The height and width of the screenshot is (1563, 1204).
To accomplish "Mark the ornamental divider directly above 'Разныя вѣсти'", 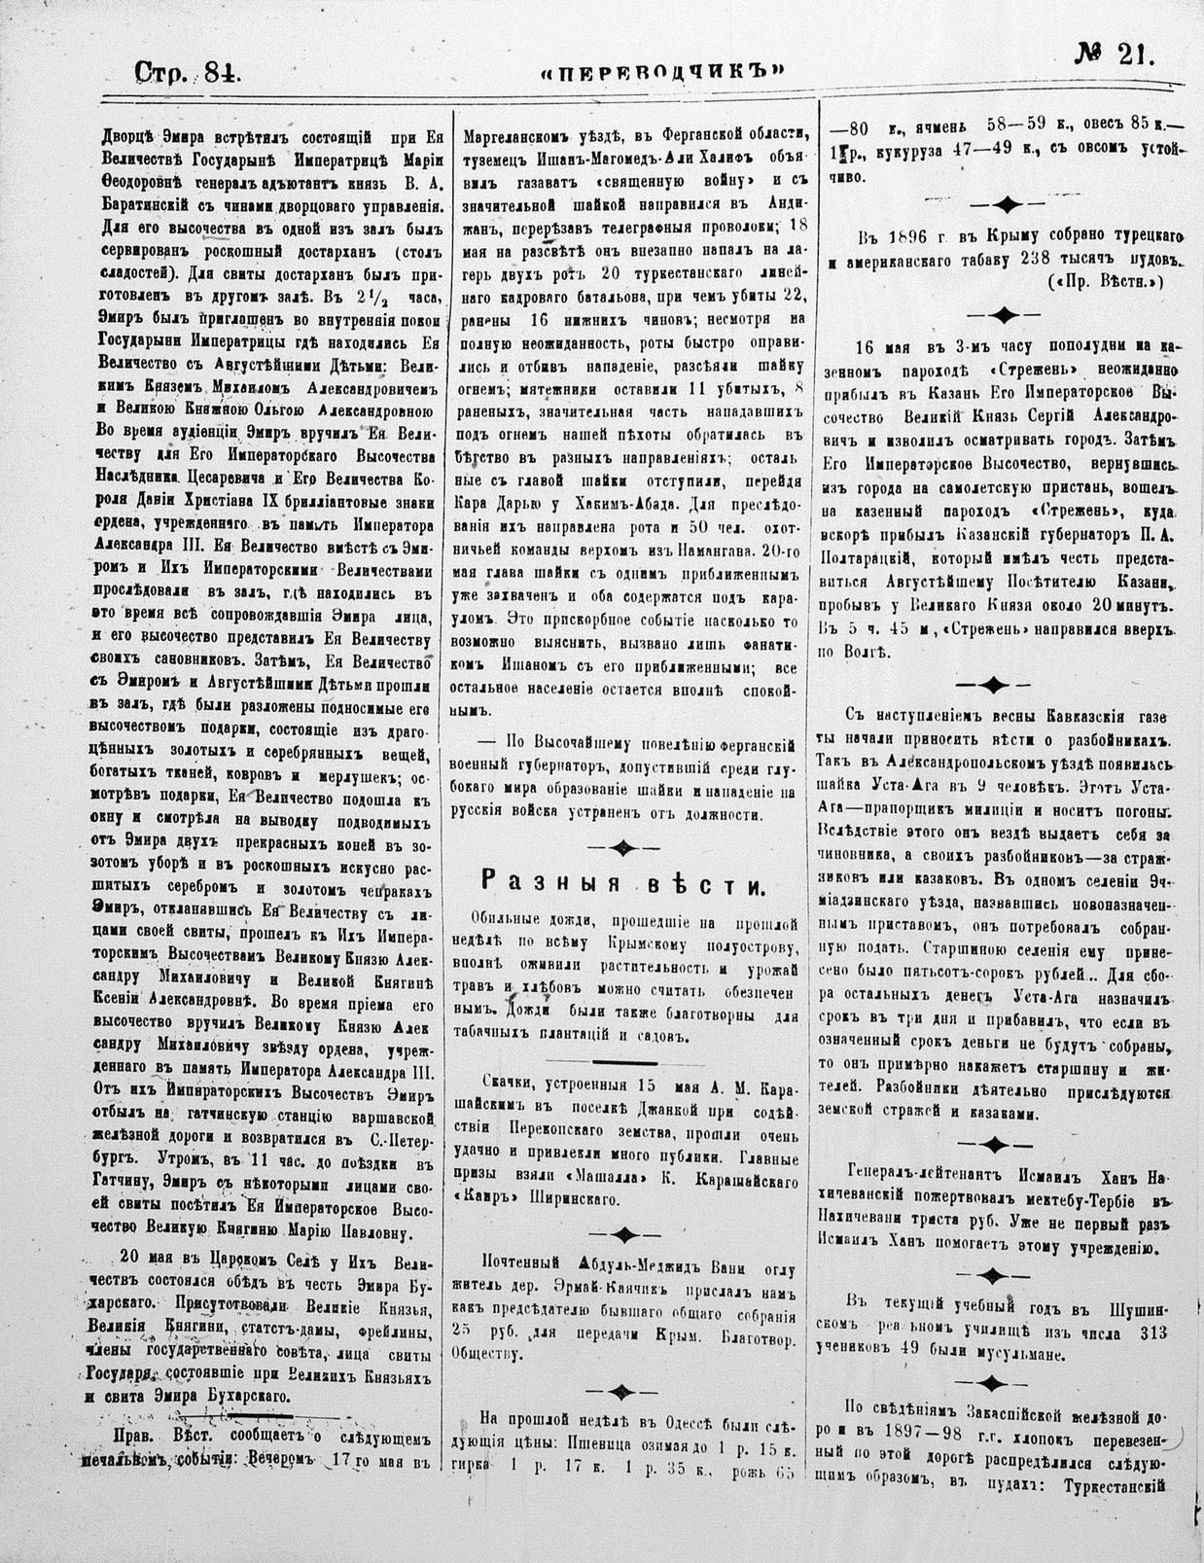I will [621, 847].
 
